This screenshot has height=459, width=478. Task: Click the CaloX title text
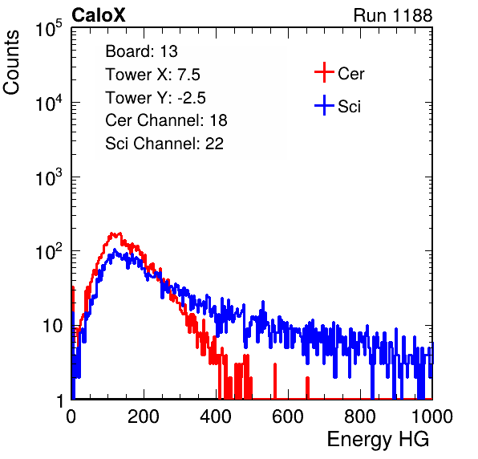(x=98, y=15)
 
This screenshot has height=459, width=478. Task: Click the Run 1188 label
(x=393, y=15)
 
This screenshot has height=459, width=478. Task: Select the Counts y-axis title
(x=11, y=63)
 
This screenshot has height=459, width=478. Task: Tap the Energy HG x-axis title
(x=378, y=440)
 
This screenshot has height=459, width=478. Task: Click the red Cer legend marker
(x=324, y=72)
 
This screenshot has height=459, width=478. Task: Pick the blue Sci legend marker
(x=324, y=106)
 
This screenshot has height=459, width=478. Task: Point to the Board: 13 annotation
(x=141, y=51)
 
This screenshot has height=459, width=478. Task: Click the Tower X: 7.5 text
(x=152, y=75)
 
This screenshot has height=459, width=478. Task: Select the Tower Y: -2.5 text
(x=156, y=98)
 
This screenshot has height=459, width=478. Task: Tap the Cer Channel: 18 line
(x=166, y=120)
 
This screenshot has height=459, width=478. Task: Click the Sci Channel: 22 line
(x=164, y=144)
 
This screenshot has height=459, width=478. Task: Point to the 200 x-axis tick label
(x=144, y=416)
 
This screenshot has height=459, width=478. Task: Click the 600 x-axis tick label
(x=288, y=416)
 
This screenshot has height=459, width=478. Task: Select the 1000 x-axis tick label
(x=432, y=416)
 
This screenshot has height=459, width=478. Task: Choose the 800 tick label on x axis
(x=360, y=416)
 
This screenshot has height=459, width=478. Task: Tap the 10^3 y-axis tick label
(x=49, y=177)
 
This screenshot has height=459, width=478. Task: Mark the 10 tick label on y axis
(x=52, y=326)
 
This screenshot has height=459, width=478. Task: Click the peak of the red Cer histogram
(x=115, y=234)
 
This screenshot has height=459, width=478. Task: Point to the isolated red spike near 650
(x=308, y=388)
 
